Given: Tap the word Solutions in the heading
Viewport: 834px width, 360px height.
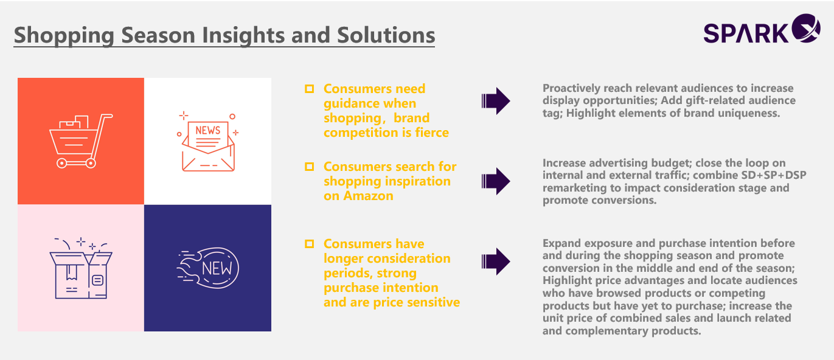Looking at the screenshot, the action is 386,35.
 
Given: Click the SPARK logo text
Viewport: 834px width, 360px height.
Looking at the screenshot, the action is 746,33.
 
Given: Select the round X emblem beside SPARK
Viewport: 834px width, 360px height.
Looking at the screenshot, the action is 805,29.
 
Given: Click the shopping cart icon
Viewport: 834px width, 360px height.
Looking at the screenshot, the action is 81,140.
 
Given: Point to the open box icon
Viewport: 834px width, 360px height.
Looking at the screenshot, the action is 81,268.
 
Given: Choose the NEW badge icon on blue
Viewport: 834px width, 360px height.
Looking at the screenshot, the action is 208,268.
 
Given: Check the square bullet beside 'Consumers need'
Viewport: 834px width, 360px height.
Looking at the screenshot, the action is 310,89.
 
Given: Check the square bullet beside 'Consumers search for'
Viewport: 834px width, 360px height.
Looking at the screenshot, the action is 310,167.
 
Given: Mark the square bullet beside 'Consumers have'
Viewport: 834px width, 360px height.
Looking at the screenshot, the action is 310,244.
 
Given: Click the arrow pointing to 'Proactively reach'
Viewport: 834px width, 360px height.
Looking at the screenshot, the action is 496,101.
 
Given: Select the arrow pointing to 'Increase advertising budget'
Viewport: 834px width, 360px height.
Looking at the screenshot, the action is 496,181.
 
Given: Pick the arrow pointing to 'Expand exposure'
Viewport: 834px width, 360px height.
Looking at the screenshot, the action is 496,261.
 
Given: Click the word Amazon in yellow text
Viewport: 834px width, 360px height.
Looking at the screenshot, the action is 368,196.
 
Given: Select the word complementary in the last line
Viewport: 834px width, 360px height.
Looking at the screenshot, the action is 606,331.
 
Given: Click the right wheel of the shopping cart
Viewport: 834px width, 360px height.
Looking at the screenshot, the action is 91,163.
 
